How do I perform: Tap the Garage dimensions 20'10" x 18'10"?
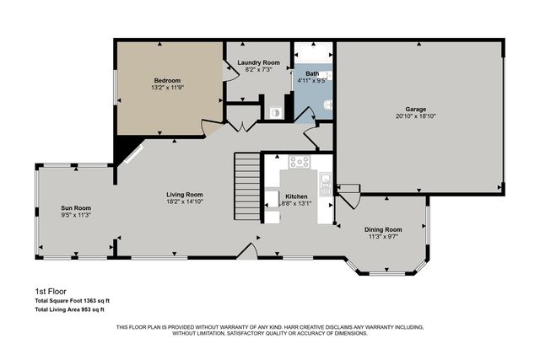tap(415, 116)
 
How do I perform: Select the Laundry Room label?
tap(258, 62)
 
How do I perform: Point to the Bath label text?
tap(311, 74)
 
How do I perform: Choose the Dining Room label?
tap(382, 229)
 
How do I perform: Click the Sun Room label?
tap(75, 207)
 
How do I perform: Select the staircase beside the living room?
tap(246, 185)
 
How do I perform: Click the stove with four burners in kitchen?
tap(299, 162)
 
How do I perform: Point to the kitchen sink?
tap(325, 179)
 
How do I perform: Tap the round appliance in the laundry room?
tap(274, 111)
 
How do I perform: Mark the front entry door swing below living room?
tap(246, 251)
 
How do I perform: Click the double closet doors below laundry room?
tap(243, 126)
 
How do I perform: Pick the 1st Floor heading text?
tap(50, 291)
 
